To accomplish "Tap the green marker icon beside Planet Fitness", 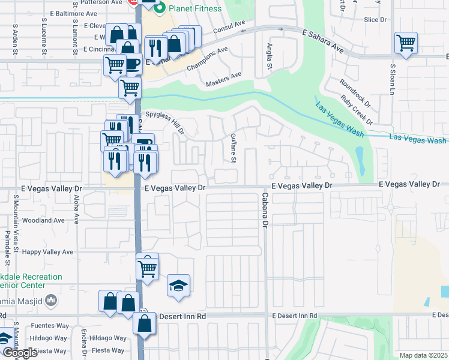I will click(160, 9).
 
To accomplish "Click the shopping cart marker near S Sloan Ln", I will click(406, 43).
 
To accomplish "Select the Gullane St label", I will click(234, 148).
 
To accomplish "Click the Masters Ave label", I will click(223, 79).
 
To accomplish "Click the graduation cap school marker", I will click(178, 286).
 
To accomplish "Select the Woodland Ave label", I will click(43, 220).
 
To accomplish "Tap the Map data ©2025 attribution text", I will click(423, 355).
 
